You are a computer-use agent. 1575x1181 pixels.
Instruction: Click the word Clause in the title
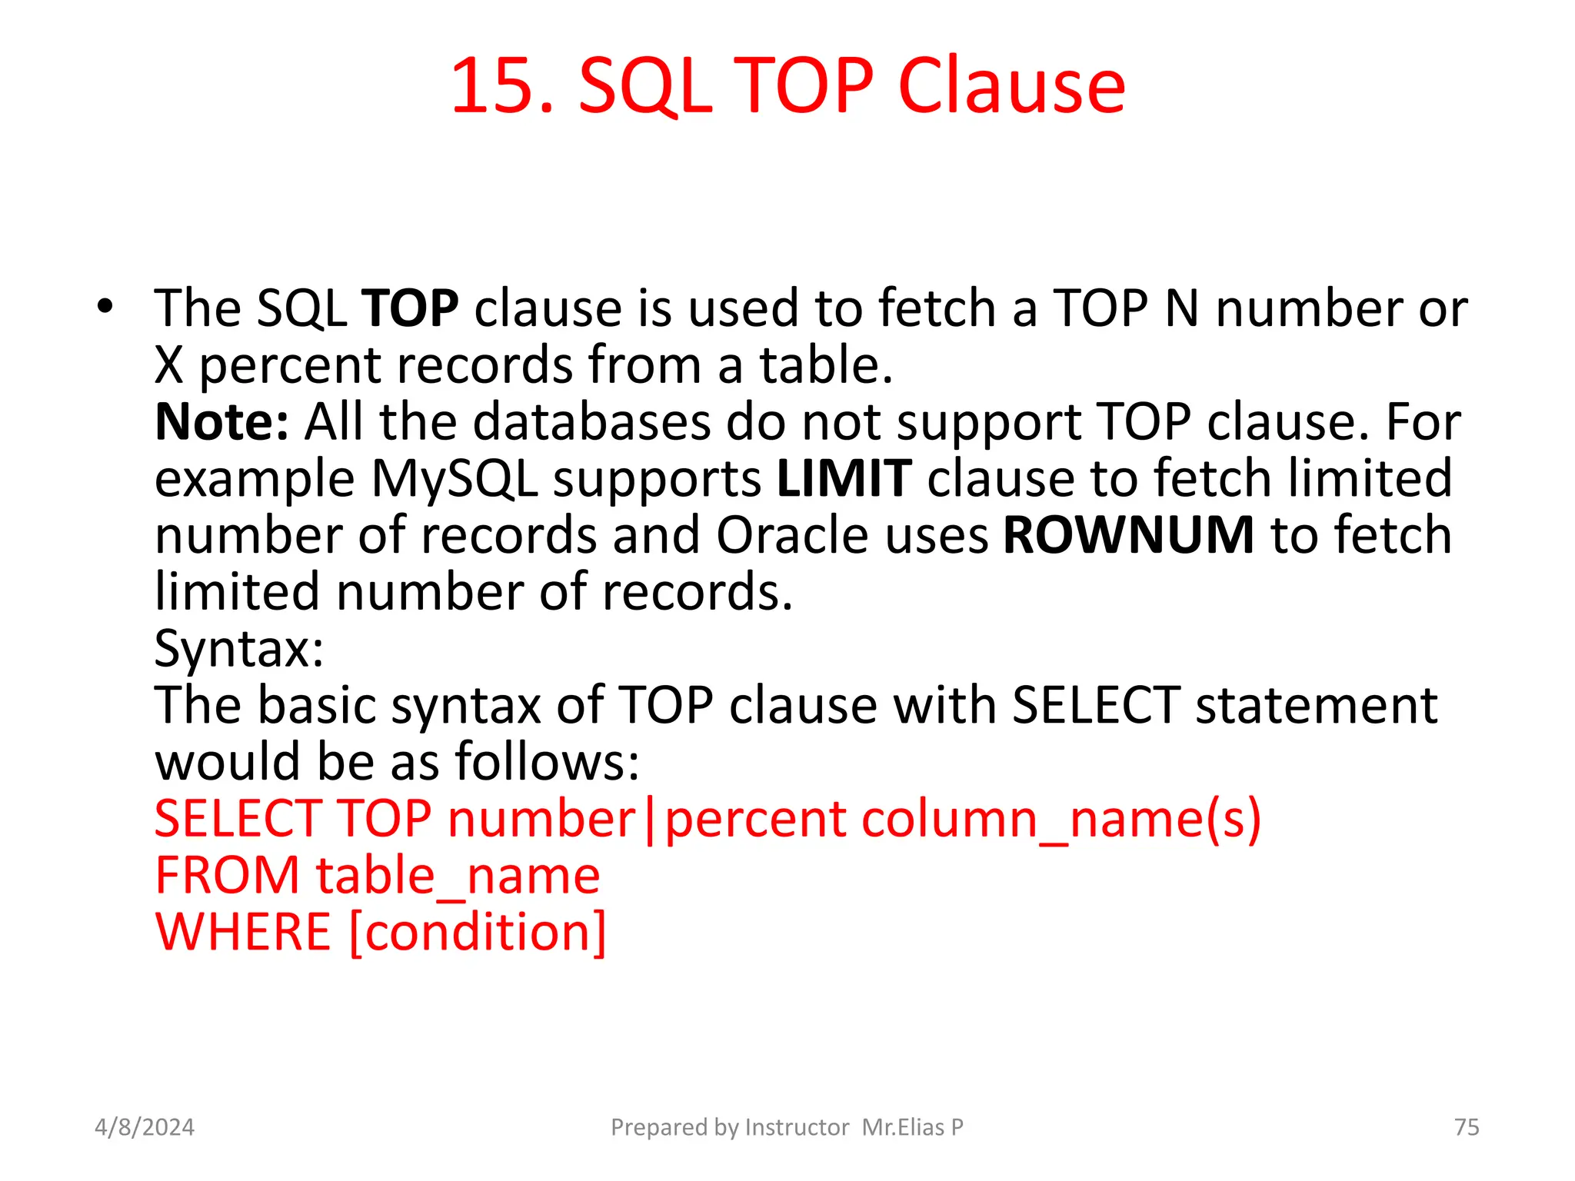pos(1011,86)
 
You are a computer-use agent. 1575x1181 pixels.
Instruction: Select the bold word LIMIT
pos(844,478)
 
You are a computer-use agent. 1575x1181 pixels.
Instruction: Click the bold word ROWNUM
pos(1129,535)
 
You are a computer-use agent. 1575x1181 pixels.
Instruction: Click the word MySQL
pos(454,478)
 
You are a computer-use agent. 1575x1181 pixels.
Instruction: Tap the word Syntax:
pos(239,648)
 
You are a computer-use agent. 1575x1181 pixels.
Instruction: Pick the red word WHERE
pos(243,932)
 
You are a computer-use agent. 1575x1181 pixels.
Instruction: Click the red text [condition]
pos(478,932)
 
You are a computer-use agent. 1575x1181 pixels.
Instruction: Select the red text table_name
pos(458,876)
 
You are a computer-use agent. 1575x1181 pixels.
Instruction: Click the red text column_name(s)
pos(1061,819)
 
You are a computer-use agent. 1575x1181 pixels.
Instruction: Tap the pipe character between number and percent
pos(651,820)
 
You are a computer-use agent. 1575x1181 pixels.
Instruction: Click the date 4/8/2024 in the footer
pos(145,1127)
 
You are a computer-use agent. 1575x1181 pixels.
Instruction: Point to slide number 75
pos(1467,1127)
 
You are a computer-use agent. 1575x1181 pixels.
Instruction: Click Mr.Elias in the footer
pos(903,1127)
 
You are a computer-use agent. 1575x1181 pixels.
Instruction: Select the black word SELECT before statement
pos(1095,705)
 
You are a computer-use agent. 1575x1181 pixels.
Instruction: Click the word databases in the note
pos(591,422)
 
